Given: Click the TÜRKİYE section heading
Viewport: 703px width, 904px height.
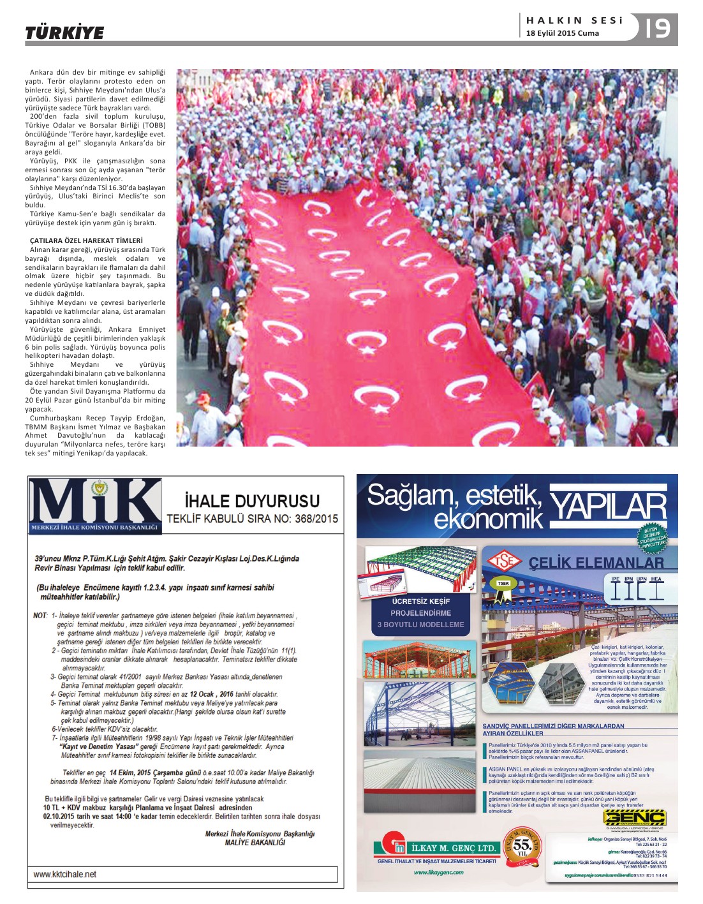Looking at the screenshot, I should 64,33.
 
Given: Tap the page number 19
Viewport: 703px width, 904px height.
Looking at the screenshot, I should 658,28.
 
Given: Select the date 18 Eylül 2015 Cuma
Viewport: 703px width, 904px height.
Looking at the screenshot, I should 562,33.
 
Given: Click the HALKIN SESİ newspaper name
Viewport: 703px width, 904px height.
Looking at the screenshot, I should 574,20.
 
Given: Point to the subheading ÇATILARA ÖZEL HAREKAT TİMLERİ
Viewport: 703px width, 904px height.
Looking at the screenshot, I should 86,241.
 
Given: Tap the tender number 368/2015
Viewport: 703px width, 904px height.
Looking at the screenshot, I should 316,519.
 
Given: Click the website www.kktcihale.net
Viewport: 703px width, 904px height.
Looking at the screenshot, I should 65,874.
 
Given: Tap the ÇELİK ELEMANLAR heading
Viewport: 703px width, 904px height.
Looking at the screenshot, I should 596,563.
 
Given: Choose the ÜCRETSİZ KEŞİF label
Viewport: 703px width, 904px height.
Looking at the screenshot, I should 420,601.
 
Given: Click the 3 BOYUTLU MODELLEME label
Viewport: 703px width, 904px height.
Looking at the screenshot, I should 420,625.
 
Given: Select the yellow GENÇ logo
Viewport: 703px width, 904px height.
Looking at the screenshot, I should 634,818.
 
